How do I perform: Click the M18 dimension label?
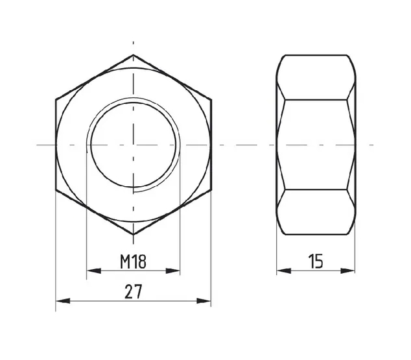point(133,261)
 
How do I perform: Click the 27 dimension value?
point(133,291)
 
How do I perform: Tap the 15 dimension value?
point(316,261)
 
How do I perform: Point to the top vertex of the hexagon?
point(133,54)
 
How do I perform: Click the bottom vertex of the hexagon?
point(133,234)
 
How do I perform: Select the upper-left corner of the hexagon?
point(56,99)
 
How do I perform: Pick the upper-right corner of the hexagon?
point(211,99)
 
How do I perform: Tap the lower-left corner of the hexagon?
point(56,189)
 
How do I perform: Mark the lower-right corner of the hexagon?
point(211,189)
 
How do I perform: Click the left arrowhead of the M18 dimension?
point(93,271)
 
